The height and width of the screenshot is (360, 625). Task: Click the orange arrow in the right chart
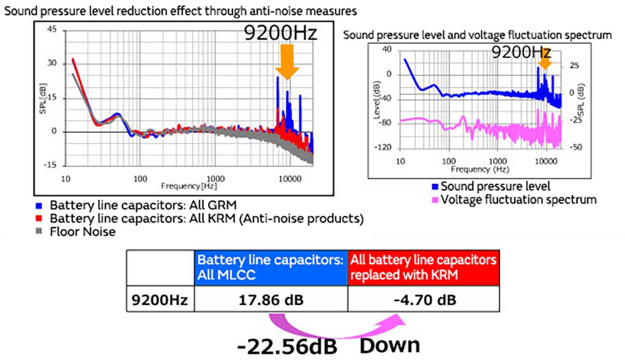(545, 63)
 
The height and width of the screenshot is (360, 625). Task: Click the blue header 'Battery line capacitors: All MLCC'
(271, 268)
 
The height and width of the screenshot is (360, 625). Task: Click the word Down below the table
(390, 345)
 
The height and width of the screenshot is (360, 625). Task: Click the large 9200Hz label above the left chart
(280, 33)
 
